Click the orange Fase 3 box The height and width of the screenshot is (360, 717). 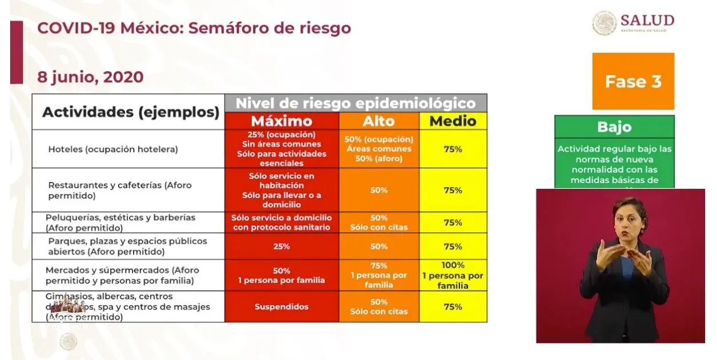[633, 81]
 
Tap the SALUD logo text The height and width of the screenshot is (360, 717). [647, 21]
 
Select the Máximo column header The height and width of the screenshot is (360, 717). [281, 121]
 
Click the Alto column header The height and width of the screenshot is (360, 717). [379, 121]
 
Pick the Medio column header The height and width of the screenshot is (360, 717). [453, 121]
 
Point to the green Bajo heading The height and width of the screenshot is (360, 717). [614, 127]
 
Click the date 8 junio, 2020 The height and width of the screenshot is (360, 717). [90, 77]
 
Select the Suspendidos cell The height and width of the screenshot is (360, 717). [281, 307]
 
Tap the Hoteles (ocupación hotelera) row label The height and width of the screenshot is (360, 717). [113, 149]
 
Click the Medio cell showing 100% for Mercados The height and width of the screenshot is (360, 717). [453, 275]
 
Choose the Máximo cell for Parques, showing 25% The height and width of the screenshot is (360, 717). [281, 246]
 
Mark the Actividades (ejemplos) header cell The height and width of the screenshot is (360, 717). [131, 112]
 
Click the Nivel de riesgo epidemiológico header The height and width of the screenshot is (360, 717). [356, 103]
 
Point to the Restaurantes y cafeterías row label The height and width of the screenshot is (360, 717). [120, 190]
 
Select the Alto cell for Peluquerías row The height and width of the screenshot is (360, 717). [379, 223]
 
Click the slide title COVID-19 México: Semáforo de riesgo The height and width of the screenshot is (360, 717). [194, 28]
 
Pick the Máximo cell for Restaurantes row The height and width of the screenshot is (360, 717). [281, 190]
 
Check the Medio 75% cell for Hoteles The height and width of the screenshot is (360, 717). [453, 149]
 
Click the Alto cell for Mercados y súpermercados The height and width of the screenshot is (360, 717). [379, 275]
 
